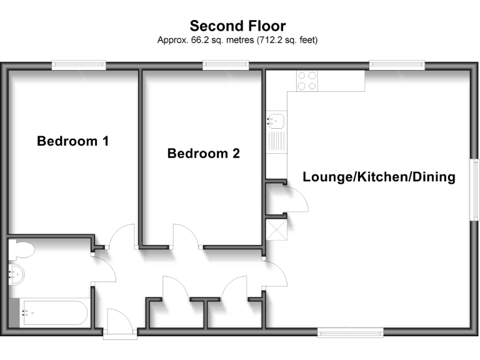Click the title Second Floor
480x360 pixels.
(237, 26)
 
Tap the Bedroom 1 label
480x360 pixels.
(72, 141)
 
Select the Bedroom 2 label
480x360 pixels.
(203, 153)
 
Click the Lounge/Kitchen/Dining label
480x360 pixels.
(379, 177)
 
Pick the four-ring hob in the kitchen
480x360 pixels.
(306, 81)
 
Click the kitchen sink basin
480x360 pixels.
(276, 119)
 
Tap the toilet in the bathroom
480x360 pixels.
(21, 249)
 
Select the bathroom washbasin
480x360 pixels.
(18, 273)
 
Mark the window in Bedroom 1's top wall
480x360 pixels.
(79, 64)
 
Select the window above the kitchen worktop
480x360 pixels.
(397, 64)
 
